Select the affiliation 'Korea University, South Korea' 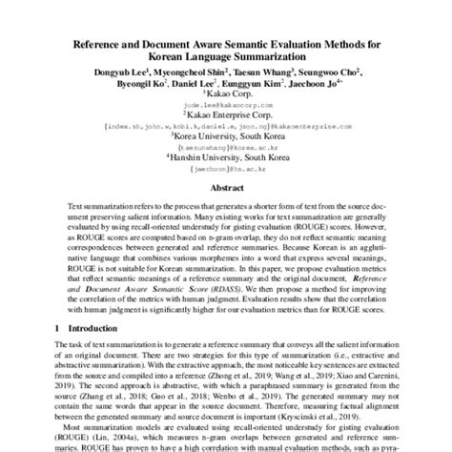[227, 137]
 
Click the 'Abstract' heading [225, 190]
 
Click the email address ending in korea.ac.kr [226, 150]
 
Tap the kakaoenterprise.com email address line [226, 125]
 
